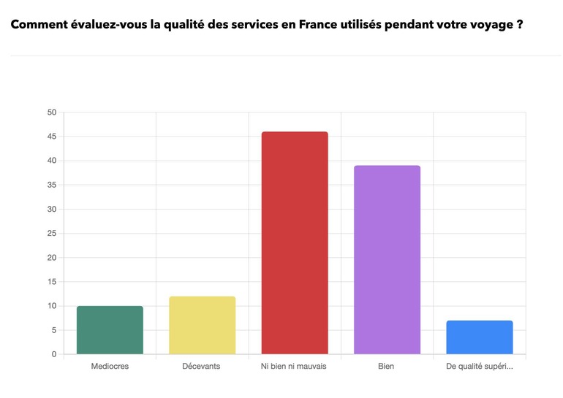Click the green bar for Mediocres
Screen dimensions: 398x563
pos(110,330)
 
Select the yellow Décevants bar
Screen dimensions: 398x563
pos(202,326)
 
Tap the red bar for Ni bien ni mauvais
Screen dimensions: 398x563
pos(295,243)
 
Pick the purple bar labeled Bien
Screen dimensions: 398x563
pos(387,260)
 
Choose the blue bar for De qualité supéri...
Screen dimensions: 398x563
pos(479,337)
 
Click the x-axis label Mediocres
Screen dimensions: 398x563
pos(110,366)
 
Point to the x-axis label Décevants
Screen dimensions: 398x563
pos(202,366)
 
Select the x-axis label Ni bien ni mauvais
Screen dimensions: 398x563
pos(295,366)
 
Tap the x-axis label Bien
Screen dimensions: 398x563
pos(387,366)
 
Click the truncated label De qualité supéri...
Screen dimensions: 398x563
pos(479,366)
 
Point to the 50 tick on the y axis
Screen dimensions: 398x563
pos(51,112)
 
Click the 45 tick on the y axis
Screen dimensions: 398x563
pos(51,137)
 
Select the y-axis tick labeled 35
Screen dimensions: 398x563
pos(51,185)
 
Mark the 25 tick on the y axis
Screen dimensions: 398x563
pos(51,234)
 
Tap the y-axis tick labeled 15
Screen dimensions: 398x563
pos(51,282)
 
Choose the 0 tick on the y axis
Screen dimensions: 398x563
pos(53,355)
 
